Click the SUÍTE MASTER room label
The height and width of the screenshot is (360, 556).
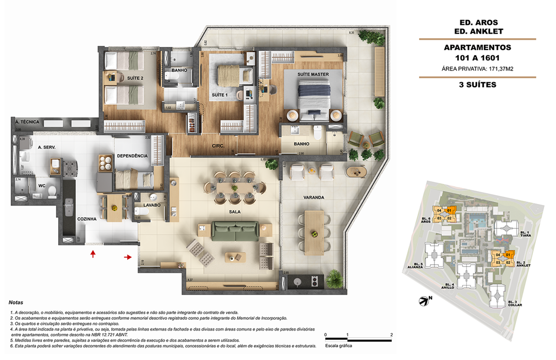(312, 74)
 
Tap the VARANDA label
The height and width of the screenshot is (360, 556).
(313, 197)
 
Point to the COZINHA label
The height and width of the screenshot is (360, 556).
(87, 219)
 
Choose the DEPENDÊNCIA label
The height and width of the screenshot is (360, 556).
(132, 156)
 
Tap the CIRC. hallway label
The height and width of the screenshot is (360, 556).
(218, 146)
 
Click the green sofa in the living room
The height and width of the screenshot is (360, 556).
(236, 231)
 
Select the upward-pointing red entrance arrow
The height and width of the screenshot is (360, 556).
(93, 254)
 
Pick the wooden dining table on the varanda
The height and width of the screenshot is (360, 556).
(314, 232)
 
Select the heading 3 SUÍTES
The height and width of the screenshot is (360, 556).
(477, 84)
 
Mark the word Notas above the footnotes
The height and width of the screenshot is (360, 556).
(16, 302)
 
